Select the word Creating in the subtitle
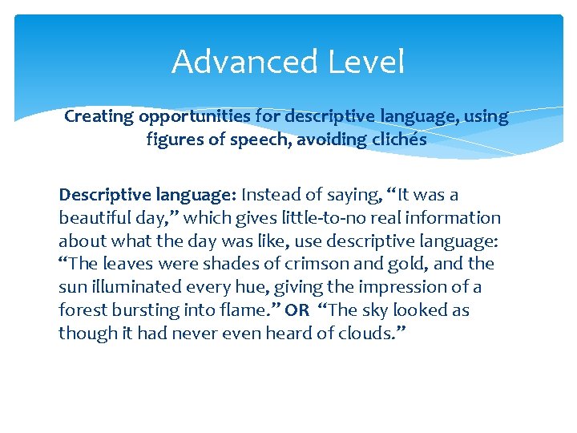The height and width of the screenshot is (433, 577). tap(99, 116)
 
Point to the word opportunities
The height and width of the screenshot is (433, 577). tap(195, 116)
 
